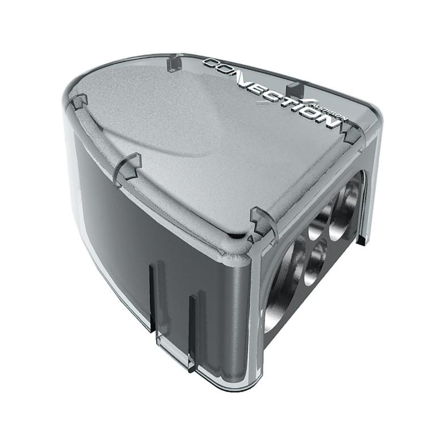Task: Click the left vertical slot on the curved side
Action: coord(152,293)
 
